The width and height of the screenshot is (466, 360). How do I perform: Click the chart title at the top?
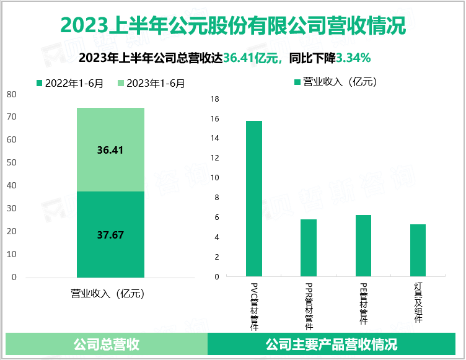click(x=233, y=25)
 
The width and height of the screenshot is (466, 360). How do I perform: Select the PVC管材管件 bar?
click(x=254, y=198)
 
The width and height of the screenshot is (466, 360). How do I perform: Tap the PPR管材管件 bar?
click(x=309, y=248)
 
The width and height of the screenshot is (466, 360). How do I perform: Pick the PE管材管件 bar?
click(x=363, y=245)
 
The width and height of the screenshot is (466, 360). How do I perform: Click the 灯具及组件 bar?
click(x=418, y=250)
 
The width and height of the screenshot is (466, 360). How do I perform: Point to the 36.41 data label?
click(x=110, y=150)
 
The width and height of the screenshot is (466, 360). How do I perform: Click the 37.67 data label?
click(x=110, y=235)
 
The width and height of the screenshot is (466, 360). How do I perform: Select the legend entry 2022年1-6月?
click(x=70, y=82)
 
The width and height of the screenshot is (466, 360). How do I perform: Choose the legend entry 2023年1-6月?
click(x=151, y=82)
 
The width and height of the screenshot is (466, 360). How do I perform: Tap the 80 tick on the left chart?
click(x=11, y=94)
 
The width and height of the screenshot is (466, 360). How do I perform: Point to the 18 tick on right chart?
click(x=215, y=99)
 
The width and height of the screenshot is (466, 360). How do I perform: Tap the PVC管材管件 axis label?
click(x=254, y=307)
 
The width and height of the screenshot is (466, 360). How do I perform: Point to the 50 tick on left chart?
click(x=11, y=163)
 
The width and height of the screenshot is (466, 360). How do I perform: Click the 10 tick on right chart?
click(x=215, y=178)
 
